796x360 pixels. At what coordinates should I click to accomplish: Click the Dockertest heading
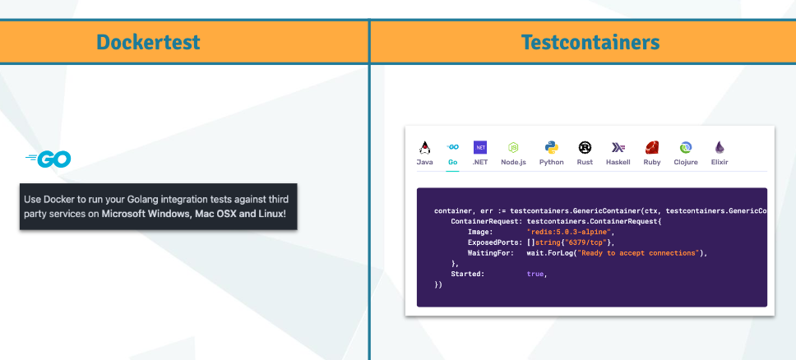[x=148, y=42]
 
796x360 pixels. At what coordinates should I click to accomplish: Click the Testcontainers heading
[x=590, y=42]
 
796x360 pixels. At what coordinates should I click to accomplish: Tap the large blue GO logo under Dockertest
[x=49, y=159]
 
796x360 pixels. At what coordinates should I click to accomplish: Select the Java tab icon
[x=425, y=148]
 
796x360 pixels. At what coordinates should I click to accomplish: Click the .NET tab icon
[x=479, y=148]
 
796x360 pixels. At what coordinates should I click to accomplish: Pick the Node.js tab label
[x=514, y=163]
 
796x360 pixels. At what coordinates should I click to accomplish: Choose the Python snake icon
[x=551, y=148]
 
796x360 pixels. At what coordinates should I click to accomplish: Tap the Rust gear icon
[x=585, y=148]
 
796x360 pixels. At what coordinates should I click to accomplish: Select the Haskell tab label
[x=618, y=163]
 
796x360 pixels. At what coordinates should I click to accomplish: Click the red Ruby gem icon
[x=652, y=148]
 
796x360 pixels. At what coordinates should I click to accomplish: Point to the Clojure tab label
[x=686, y=163]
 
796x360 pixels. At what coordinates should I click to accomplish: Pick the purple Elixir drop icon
[x=720, y=148]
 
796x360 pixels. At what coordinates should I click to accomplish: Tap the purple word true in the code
[x=535, y=275]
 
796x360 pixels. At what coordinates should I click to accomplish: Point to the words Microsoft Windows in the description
[x=146, y=214]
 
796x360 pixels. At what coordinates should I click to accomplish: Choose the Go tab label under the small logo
[x=453, y=163]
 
